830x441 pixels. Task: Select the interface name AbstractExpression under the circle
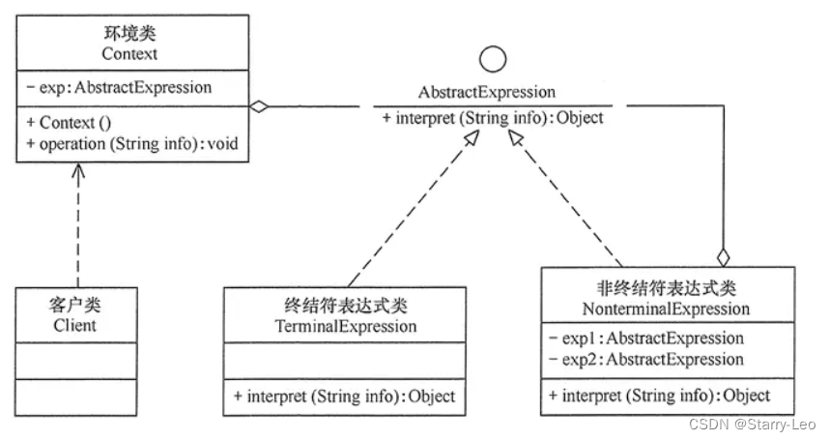487,93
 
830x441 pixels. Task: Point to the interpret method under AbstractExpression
493,118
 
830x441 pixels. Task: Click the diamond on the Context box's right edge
258,105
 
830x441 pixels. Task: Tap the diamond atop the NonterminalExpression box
721,256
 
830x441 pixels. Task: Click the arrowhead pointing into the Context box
78,170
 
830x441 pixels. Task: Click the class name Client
74,325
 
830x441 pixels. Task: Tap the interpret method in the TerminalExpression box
343,396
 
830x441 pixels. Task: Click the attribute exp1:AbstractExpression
645,338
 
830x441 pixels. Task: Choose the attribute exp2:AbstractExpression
645,359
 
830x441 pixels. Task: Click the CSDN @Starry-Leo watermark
754,424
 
